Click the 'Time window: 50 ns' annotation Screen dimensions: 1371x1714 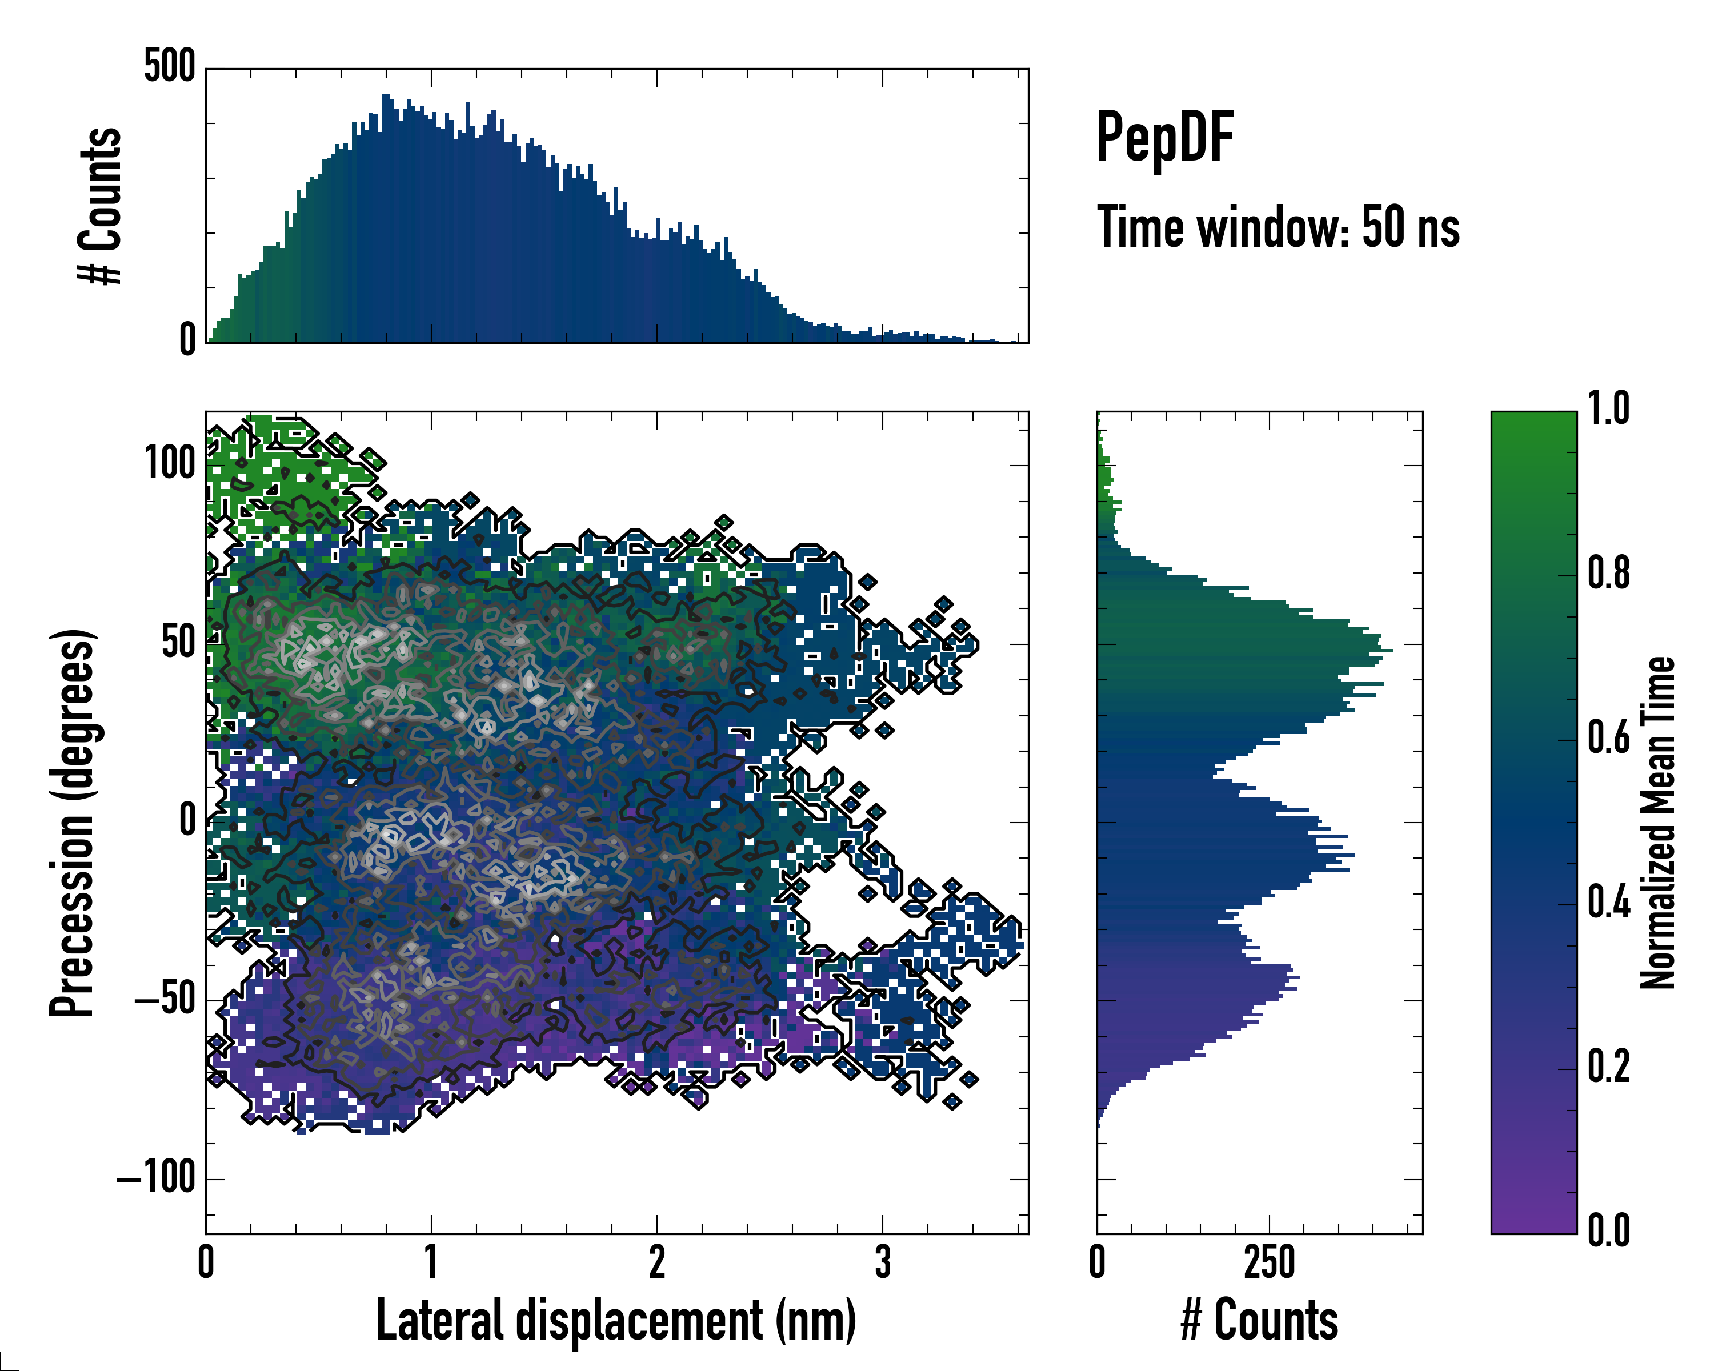(x=1278, y=227)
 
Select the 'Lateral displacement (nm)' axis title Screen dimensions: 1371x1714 (x=616, y=1320)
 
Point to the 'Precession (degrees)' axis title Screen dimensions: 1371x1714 (x=73, y=823)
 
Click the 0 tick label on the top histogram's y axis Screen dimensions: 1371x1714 (x=187, y=340)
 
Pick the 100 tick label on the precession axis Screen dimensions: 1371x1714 (x=169, y=463)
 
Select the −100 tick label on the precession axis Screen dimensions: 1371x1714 (x=157, y=1178)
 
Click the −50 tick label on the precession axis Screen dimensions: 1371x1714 (x=165, y=999)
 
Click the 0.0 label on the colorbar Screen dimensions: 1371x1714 (x=1608, y=1231)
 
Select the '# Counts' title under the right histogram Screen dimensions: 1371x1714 (x=1259, y=1320)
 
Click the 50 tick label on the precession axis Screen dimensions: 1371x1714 (x=178, y=642)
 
